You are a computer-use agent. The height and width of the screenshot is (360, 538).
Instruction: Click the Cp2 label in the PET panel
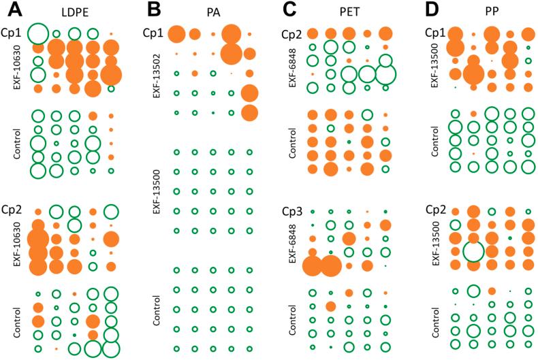click(x=290, y=33)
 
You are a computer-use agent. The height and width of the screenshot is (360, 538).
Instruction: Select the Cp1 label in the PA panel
click(x=153, y=33)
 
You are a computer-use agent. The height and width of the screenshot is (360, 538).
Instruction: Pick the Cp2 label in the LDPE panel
click(x=12, y=208)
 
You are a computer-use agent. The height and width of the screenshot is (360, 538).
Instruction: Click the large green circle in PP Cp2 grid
click(x=473, y=251)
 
